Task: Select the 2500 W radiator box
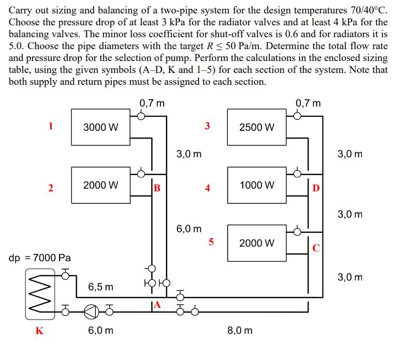pos(257,127)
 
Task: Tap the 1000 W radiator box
pos(257,185)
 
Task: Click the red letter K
pos(39,331)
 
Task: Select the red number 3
pos(207,125)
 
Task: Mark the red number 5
pos(211,241)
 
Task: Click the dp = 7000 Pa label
pos(40,257)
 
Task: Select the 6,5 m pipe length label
pos(100,286)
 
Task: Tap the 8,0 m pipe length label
pos(240,329)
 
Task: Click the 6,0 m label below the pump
pos(100,330)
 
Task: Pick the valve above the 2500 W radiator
pos(297,116)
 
